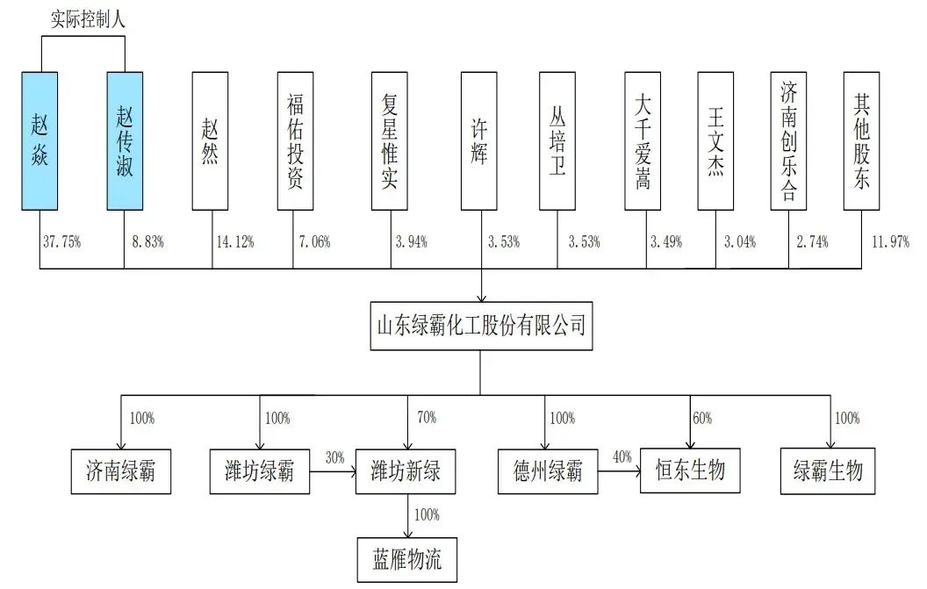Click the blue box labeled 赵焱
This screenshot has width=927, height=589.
[41, 140]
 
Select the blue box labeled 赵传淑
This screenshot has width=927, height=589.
[125, 140]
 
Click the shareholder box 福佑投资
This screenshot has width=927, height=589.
[295, 140]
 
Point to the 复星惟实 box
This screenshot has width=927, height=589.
[390, 140]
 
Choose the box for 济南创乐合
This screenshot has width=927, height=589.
[788, 140]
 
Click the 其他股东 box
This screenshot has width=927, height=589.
[861, 140]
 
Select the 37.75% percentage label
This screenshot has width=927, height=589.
[61, 242]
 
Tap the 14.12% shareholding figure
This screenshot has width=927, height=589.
[234, 242]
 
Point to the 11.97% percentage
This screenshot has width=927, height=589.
[888, 242]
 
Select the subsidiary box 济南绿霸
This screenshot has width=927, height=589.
[119, 471]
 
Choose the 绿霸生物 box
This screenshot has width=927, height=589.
[829, 471]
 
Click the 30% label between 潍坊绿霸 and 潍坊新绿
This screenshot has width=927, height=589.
[334, 457]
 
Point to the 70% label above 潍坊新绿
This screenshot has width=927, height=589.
[427, 418]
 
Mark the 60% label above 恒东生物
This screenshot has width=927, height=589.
[702, 418]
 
